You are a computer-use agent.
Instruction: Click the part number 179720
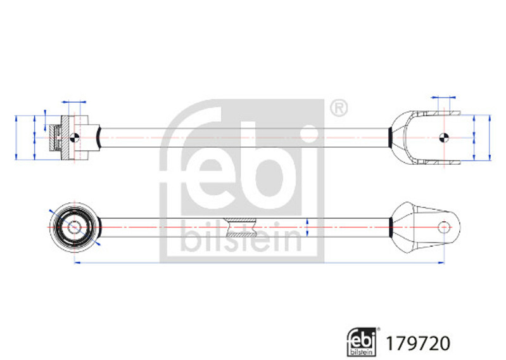[417, 343]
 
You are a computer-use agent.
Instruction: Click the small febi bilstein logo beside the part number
[362, 342]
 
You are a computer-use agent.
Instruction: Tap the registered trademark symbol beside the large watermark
[339, 108]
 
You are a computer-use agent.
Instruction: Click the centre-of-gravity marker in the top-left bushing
[74, 138]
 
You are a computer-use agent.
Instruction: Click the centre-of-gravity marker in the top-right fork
[444, 138]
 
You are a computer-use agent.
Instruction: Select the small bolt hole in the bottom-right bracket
[444, 228]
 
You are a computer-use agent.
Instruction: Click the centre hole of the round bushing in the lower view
[74, 228]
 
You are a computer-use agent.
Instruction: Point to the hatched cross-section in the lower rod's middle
[241, 228]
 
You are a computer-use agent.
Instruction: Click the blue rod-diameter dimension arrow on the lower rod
[307, 228]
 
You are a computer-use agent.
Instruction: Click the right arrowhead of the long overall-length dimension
[441, 263]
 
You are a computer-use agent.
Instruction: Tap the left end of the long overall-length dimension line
[75, 263]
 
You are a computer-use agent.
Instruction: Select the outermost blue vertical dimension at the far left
[16, 138]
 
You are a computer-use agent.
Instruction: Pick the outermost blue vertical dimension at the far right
[490, 138]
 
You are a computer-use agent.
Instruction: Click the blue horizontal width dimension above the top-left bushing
[74, 102]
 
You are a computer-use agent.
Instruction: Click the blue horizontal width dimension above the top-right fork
[443, 97]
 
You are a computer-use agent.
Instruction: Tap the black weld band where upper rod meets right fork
[390, 138]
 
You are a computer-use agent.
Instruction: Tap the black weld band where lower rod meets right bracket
[391, 228]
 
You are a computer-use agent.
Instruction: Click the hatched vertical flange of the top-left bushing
[65, 138]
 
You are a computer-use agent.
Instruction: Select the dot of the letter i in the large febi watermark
[310, 134]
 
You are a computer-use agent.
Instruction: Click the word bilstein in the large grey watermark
[241, 236]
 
